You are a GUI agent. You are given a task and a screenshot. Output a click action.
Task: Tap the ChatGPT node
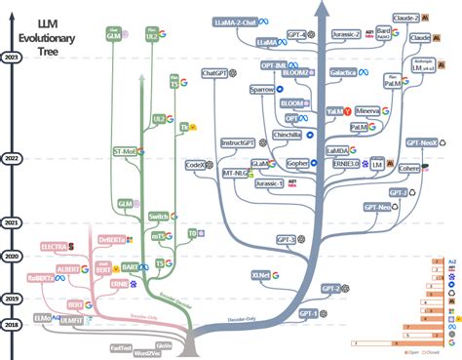[213, 73]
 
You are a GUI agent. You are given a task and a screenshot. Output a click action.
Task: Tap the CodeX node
[195, 165]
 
